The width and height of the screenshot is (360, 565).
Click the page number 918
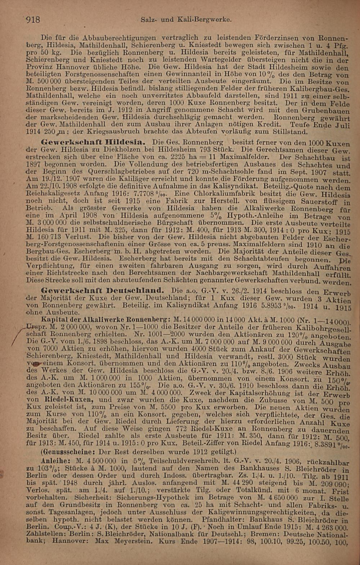tap(32, 19)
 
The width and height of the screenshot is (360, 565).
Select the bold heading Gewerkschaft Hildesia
tap(94, 141)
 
